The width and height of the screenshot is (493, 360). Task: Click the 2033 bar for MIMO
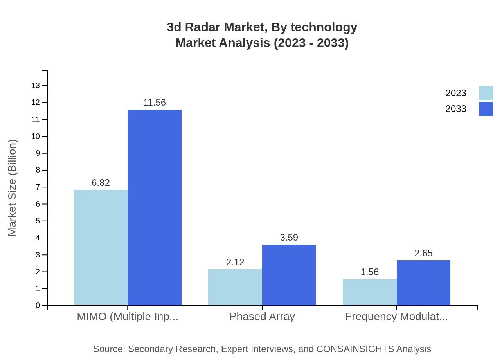tap(155, 207)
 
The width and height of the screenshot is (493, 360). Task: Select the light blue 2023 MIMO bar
tap(101, 247)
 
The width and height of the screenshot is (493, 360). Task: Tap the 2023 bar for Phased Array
tap(235, 287)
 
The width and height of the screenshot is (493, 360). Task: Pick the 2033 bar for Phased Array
tap(289, 275)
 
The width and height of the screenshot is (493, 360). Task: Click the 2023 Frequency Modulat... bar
tap(369, 292)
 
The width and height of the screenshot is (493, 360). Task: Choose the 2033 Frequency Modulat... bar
tap(423, 283)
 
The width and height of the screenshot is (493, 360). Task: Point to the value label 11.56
tap(155, 103)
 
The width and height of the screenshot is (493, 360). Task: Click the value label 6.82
tap(101, 183)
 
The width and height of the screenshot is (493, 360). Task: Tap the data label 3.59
tap(289, 238)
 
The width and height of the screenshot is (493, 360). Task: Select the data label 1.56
tap(369, 272)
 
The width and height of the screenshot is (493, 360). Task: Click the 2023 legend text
tap(455, 93)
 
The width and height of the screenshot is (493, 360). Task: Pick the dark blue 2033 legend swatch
tap(486, 109)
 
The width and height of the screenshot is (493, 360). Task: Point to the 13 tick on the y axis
tap(36, 85)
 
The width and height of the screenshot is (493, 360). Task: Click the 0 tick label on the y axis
tap(38, 305)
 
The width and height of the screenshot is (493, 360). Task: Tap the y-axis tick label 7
tap(38, 187)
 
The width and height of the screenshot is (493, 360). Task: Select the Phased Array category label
tap(262, 316)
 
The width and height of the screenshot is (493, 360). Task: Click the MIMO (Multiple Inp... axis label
tap(128, 316)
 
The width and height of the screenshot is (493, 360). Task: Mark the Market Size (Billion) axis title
tap(13, 188)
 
